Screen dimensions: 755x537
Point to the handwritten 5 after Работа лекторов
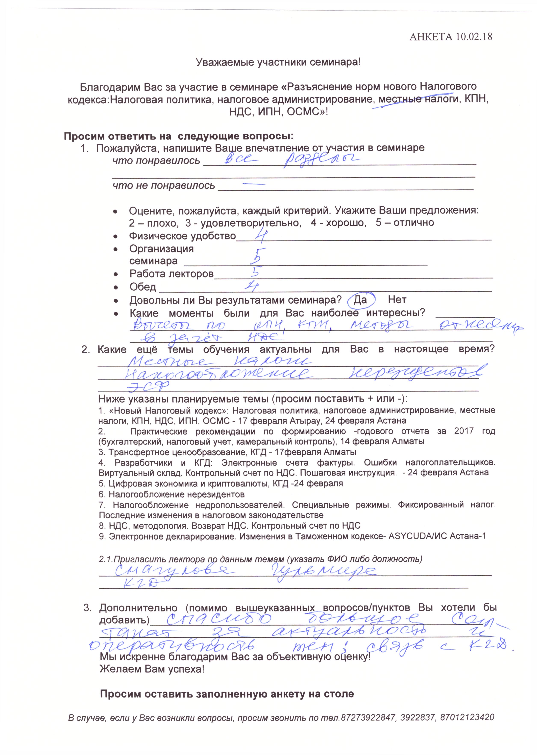(255, 272)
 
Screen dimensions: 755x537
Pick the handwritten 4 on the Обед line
(252, 286)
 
